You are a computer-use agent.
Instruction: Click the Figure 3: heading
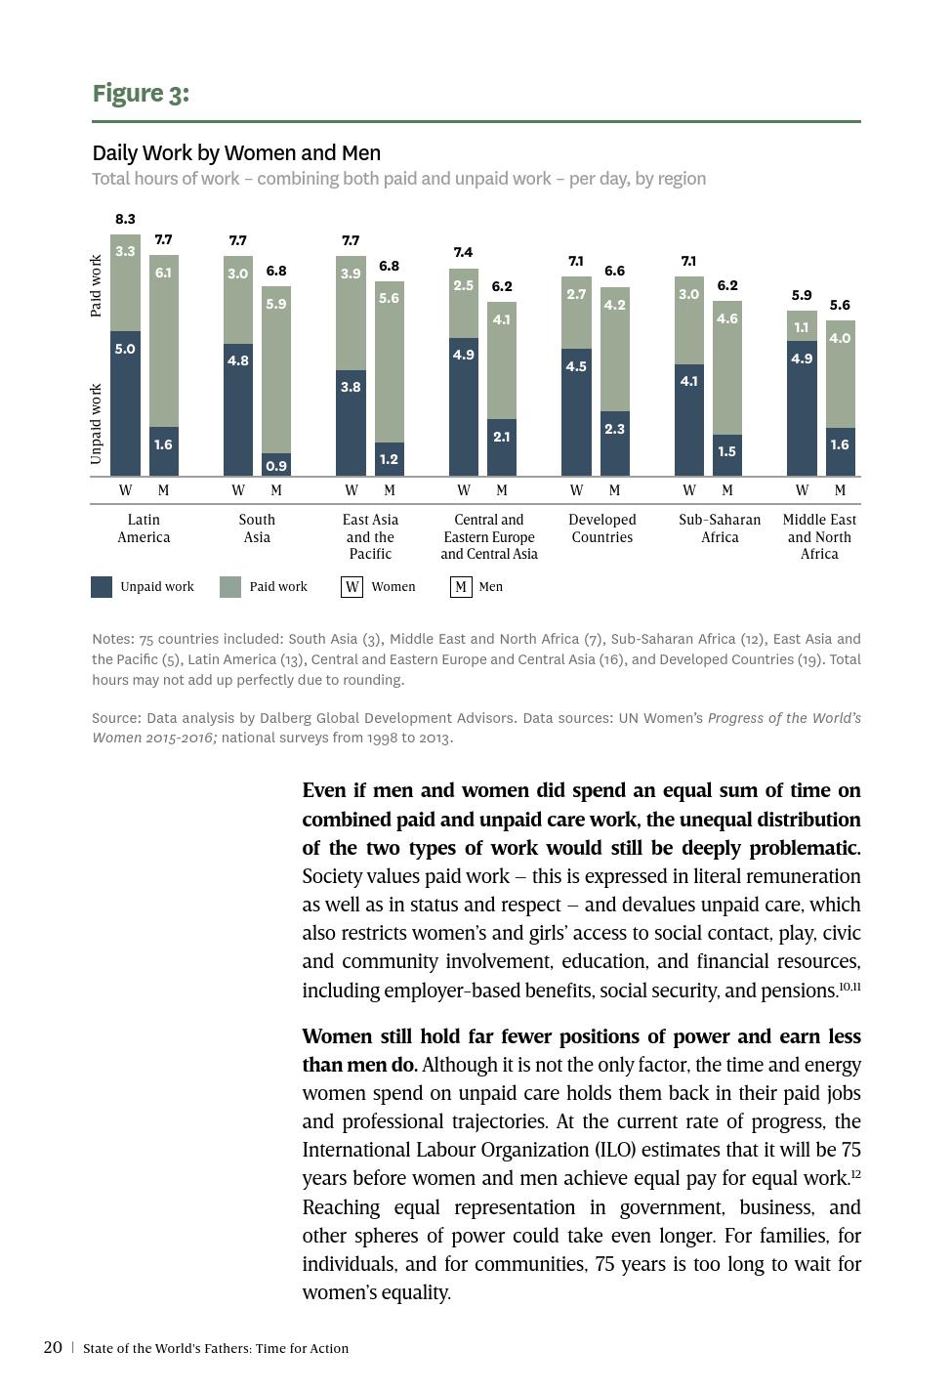pos(141,94)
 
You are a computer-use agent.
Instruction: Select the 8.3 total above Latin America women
pos(125,219)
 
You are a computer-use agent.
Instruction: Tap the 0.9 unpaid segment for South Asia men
pos(276,463)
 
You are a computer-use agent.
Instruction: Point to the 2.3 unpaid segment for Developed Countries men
pos(614,443)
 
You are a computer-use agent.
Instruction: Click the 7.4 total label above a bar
pos(463,252)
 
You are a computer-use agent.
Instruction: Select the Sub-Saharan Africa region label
pos(720,528)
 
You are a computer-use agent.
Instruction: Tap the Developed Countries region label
pos(602,528)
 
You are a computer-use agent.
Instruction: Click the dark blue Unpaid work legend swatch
pos(102,587)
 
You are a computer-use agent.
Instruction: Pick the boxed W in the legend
pos(352,587)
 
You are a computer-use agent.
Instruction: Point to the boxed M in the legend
pos(460,587)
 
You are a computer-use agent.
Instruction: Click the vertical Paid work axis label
pos(96,285)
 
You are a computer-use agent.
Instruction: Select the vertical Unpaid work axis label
pos(96,423)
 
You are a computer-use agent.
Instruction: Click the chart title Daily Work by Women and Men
pos(236,153)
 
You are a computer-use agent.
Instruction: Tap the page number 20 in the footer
pos(53,1347)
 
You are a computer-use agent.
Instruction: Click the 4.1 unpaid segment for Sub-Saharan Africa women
pos(689,420)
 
